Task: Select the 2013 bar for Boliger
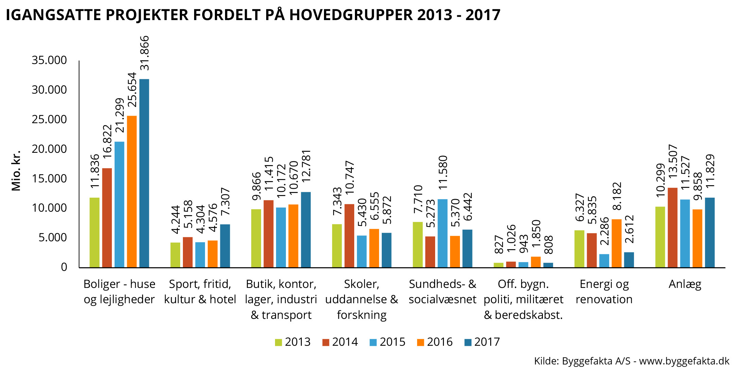click(x=95, y=232)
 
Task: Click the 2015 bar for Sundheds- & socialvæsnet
click(x=442, y=233)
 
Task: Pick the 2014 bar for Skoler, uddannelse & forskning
click(x=349, y=235)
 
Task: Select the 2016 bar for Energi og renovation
click(x=616, y=243)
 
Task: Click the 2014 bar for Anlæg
click(x=672, y=227)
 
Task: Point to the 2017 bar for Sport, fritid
click(x=225, y=246)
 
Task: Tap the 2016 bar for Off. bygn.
click(x=536, y=262)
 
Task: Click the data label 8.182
click(x=617, y=196)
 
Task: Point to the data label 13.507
click(x=673, y=161)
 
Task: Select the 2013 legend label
click(x=298, y=342)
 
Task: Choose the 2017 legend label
click(x=487, y=342)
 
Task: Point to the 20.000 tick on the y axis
click(x=49, y=149)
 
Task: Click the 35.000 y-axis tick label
click(x=49, y=60)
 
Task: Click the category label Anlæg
click(x=685, y=284)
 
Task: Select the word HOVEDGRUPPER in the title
click(x=351, y=15)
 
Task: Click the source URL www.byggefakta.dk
click(x=684, y=361)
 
